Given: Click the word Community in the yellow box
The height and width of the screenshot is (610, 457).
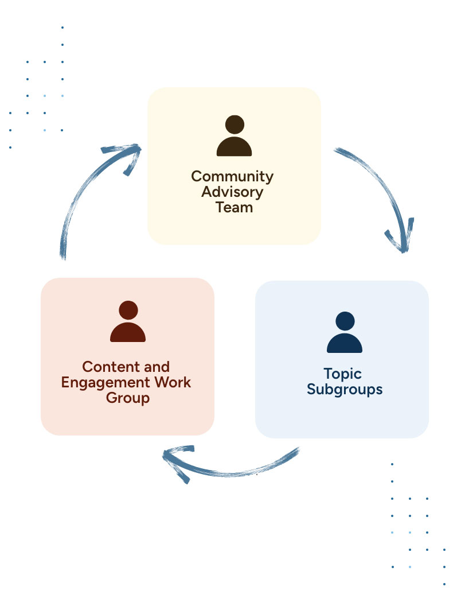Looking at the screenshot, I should click(232, 176).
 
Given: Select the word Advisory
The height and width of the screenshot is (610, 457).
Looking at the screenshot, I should click(232, 192).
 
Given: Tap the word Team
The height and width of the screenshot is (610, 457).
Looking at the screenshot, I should click(234, 207).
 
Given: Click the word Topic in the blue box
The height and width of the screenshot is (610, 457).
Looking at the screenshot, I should click(342, 374).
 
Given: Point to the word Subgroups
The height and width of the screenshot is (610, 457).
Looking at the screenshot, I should click(345, 390).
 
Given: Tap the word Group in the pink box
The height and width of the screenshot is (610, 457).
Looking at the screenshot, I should click(127, 398).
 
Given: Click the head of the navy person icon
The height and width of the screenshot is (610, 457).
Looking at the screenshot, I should click(345, 320).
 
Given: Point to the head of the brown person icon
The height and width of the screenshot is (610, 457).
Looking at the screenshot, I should click(234, 125).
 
